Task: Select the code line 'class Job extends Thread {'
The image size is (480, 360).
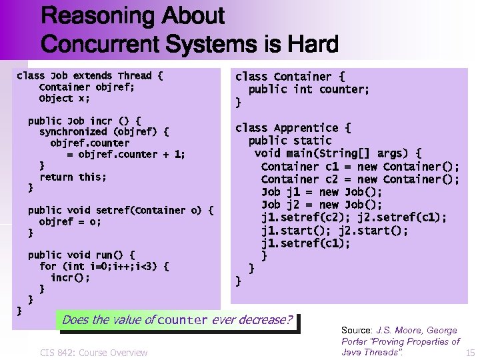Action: pos(89,76)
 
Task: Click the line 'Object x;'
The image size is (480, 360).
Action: pos(64,98)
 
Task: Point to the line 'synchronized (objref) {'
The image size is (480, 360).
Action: pos(104,132)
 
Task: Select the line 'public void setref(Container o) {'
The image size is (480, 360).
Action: pos(121,210)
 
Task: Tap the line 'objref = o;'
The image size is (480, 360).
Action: pos(70,221)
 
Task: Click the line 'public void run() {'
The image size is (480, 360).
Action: pos(81,255)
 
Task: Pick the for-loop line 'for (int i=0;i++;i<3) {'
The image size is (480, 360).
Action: pos(104,266)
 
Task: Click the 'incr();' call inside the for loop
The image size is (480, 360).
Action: pos(70,277)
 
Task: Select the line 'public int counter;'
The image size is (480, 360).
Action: pos(309,89)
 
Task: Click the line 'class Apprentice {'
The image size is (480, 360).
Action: pos(293,127)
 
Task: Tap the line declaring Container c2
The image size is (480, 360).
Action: pos(360,179)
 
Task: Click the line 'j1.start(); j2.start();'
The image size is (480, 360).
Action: pos(335,231)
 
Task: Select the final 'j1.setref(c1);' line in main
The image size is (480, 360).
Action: pos(305,243)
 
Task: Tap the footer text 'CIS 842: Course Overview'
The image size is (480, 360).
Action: pos(93,352)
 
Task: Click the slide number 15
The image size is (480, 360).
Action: pos(470,352)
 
